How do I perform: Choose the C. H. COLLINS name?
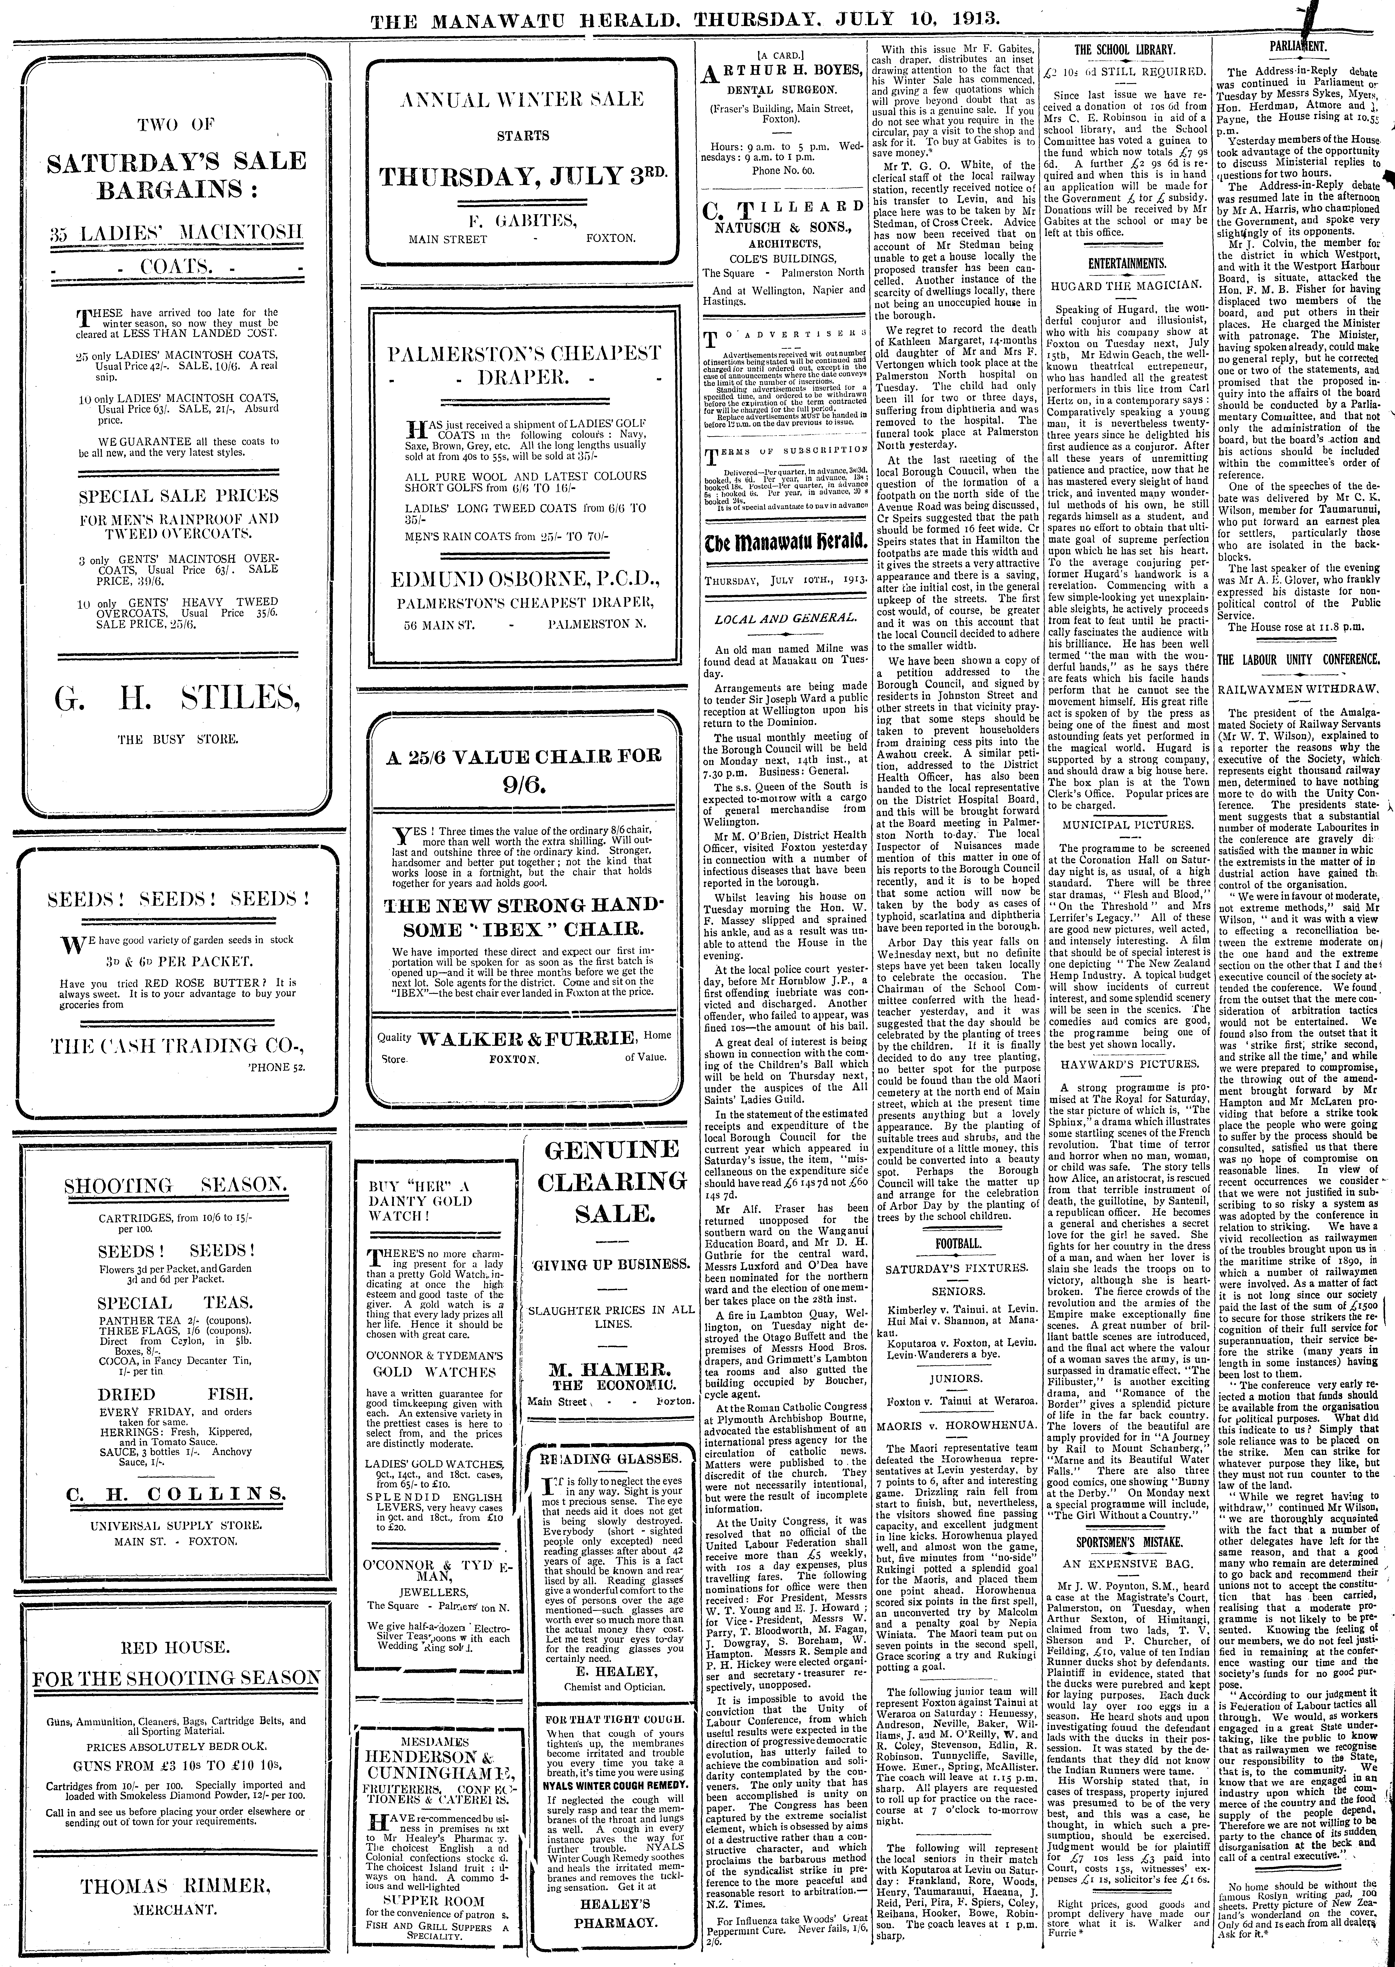point(178,1493)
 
